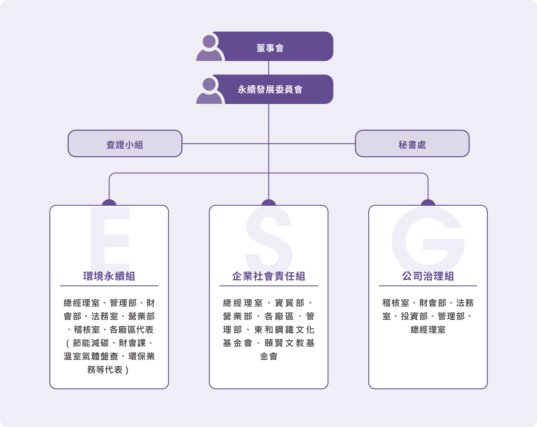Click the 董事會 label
tap(270, 48)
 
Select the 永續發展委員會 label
tap(270, 90)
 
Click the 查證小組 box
tap(125, 144)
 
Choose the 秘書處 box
tap(412, 144)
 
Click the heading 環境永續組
tap(109, 276)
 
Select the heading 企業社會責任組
tap(268, 276)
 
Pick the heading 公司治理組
tap(428, 276)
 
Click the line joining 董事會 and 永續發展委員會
tap(268, 68)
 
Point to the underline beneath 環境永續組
tap(109, 286)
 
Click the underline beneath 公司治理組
tap(428, 286)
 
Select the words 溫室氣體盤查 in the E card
tap(91, 356)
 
